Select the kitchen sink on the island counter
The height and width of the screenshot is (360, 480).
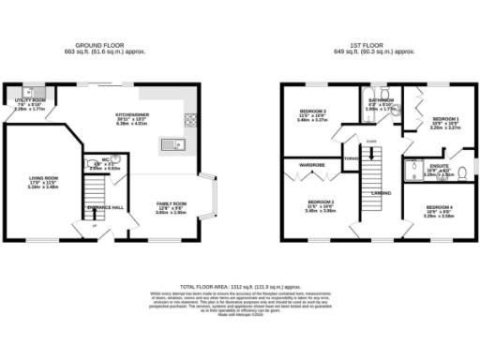[x=172, y=144]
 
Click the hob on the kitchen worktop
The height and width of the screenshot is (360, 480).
[x=191, y=119]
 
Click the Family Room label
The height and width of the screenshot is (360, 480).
[x=171, y=203]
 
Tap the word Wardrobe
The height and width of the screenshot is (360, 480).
[x=311, y=164]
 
